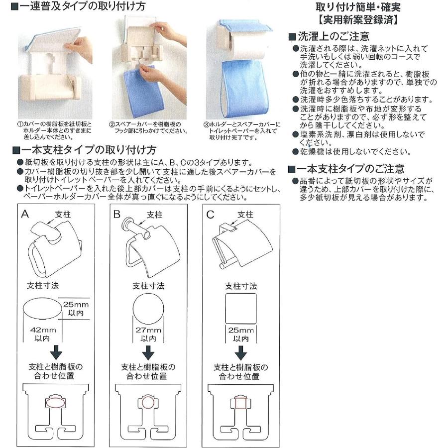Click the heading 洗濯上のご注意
click(333, 36)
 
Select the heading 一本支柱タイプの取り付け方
click(84, 149)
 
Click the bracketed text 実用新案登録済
click(358, 21)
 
